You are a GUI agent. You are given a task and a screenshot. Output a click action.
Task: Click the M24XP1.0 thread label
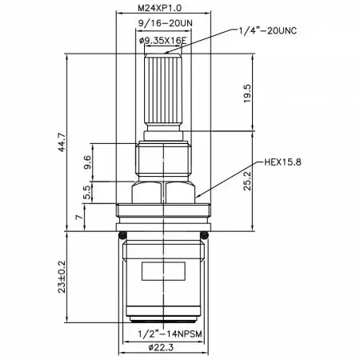(159, 8)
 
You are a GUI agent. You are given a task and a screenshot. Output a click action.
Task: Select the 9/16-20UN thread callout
(166, 23)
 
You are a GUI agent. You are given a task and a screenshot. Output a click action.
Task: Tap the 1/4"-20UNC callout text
(267, 30)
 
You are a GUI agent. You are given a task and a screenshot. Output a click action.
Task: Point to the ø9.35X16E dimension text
(163, 41)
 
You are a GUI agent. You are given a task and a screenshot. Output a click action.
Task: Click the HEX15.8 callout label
(282, 162)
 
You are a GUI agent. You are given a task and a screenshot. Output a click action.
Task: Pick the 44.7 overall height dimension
(62, 142)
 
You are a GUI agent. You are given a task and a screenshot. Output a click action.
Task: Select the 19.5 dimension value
(247, 94)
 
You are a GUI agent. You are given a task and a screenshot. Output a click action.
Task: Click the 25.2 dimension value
(247, 181)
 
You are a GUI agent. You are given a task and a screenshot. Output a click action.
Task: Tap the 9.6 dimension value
(87, 162)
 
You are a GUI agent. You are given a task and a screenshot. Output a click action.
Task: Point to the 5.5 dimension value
(87, 192)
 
